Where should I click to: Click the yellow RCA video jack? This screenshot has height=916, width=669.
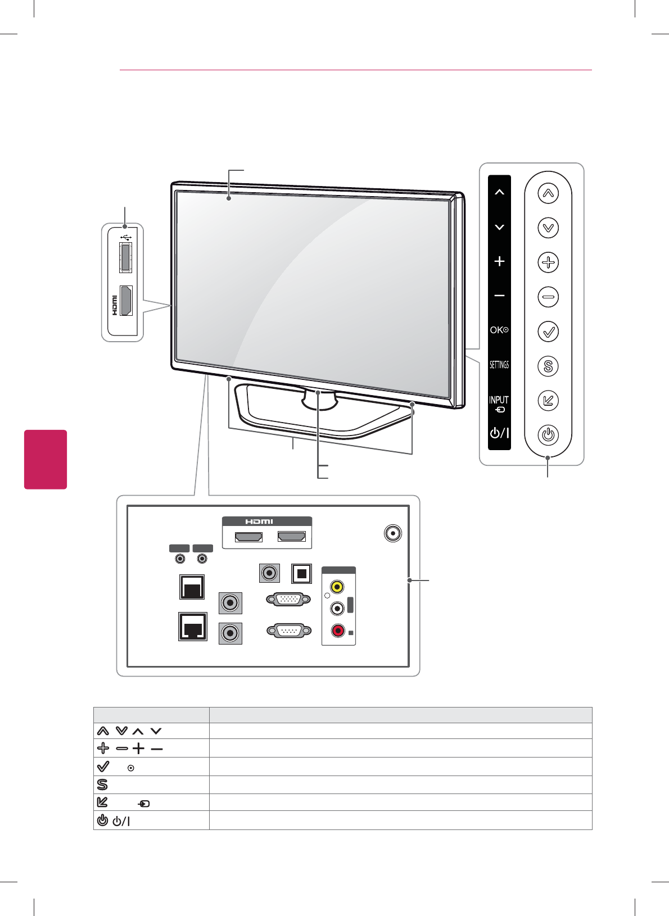337,587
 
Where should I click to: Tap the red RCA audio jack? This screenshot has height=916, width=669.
337,631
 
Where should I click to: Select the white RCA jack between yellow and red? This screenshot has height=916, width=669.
337,608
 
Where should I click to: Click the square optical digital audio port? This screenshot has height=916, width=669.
301,573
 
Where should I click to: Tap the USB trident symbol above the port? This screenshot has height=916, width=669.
126,237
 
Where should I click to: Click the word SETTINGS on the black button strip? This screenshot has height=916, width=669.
499,365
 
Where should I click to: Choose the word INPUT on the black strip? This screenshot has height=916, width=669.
499,400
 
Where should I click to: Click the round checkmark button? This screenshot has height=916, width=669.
548,332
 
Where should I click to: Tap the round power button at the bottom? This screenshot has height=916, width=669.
548,435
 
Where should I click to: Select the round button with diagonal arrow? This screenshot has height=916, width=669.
548,401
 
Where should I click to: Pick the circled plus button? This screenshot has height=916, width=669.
548,262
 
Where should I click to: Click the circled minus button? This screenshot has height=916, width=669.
548,297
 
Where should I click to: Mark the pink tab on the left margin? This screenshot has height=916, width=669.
46,459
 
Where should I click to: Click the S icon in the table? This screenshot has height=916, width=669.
102,785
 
